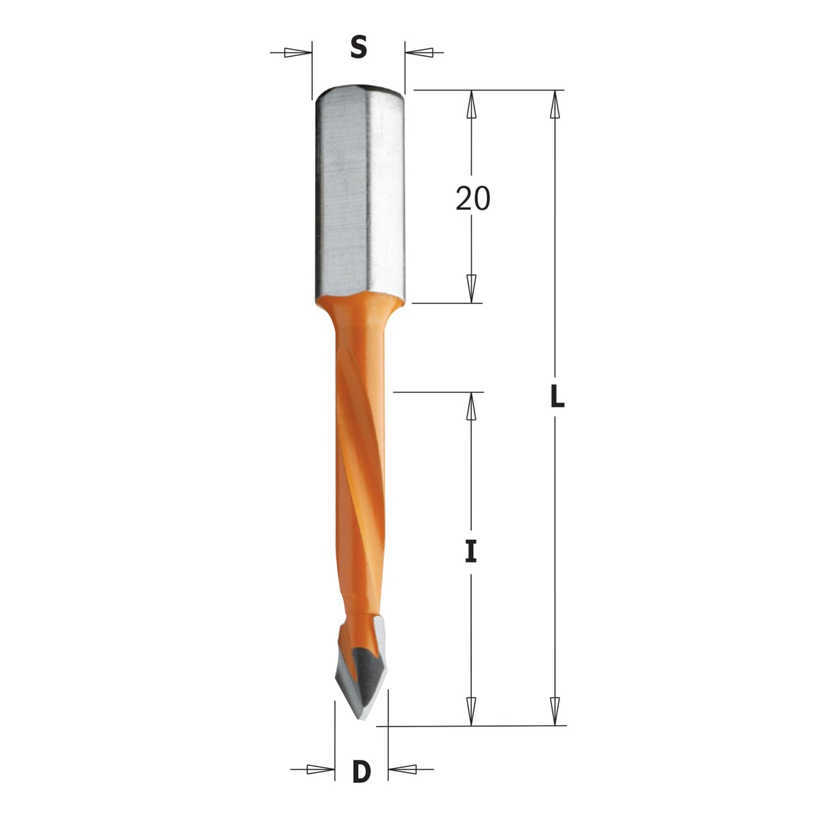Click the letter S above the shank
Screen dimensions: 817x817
coord(359,48)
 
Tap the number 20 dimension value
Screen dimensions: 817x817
coord(472,198)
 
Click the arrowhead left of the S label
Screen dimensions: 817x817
coord(298,53)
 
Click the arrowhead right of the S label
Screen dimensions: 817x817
coord(419,53)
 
